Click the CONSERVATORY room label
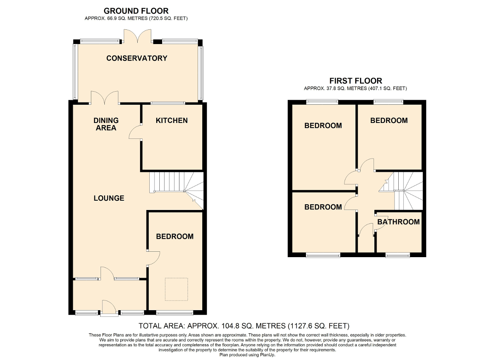137,58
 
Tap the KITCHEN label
172,121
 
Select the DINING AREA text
106,124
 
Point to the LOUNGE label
109,198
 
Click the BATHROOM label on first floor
398,222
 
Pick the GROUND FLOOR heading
136,11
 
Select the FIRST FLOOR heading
355,81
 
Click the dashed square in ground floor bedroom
176,289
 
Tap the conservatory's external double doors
138,35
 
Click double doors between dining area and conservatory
104,97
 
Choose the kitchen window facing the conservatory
167,103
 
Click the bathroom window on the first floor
397,255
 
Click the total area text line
244,326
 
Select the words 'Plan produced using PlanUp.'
247,355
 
